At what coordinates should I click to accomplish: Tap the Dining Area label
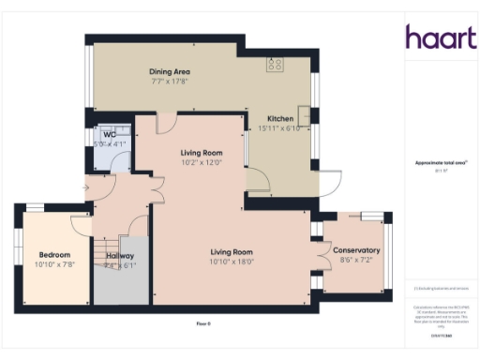tap(171, 71)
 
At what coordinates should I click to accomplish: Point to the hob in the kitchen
tap(276, 65)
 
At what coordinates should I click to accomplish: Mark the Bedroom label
tap(55, 254)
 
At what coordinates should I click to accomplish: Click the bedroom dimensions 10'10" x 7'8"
tap(55, 264)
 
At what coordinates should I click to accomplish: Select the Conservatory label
tap(355, 250)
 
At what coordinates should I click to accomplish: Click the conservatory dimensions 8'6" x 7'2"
tap(355, 260)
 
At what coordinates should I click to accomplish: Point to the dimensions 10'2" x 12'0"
tap(201, 162)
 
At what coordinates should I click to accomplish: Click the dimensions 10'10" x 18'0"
tap(232, 261)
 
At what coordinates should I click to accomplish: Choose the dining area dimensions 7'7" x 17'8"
tap(171, 81)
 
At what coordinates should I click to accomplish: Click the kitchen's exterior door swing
tap(329, 184)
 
